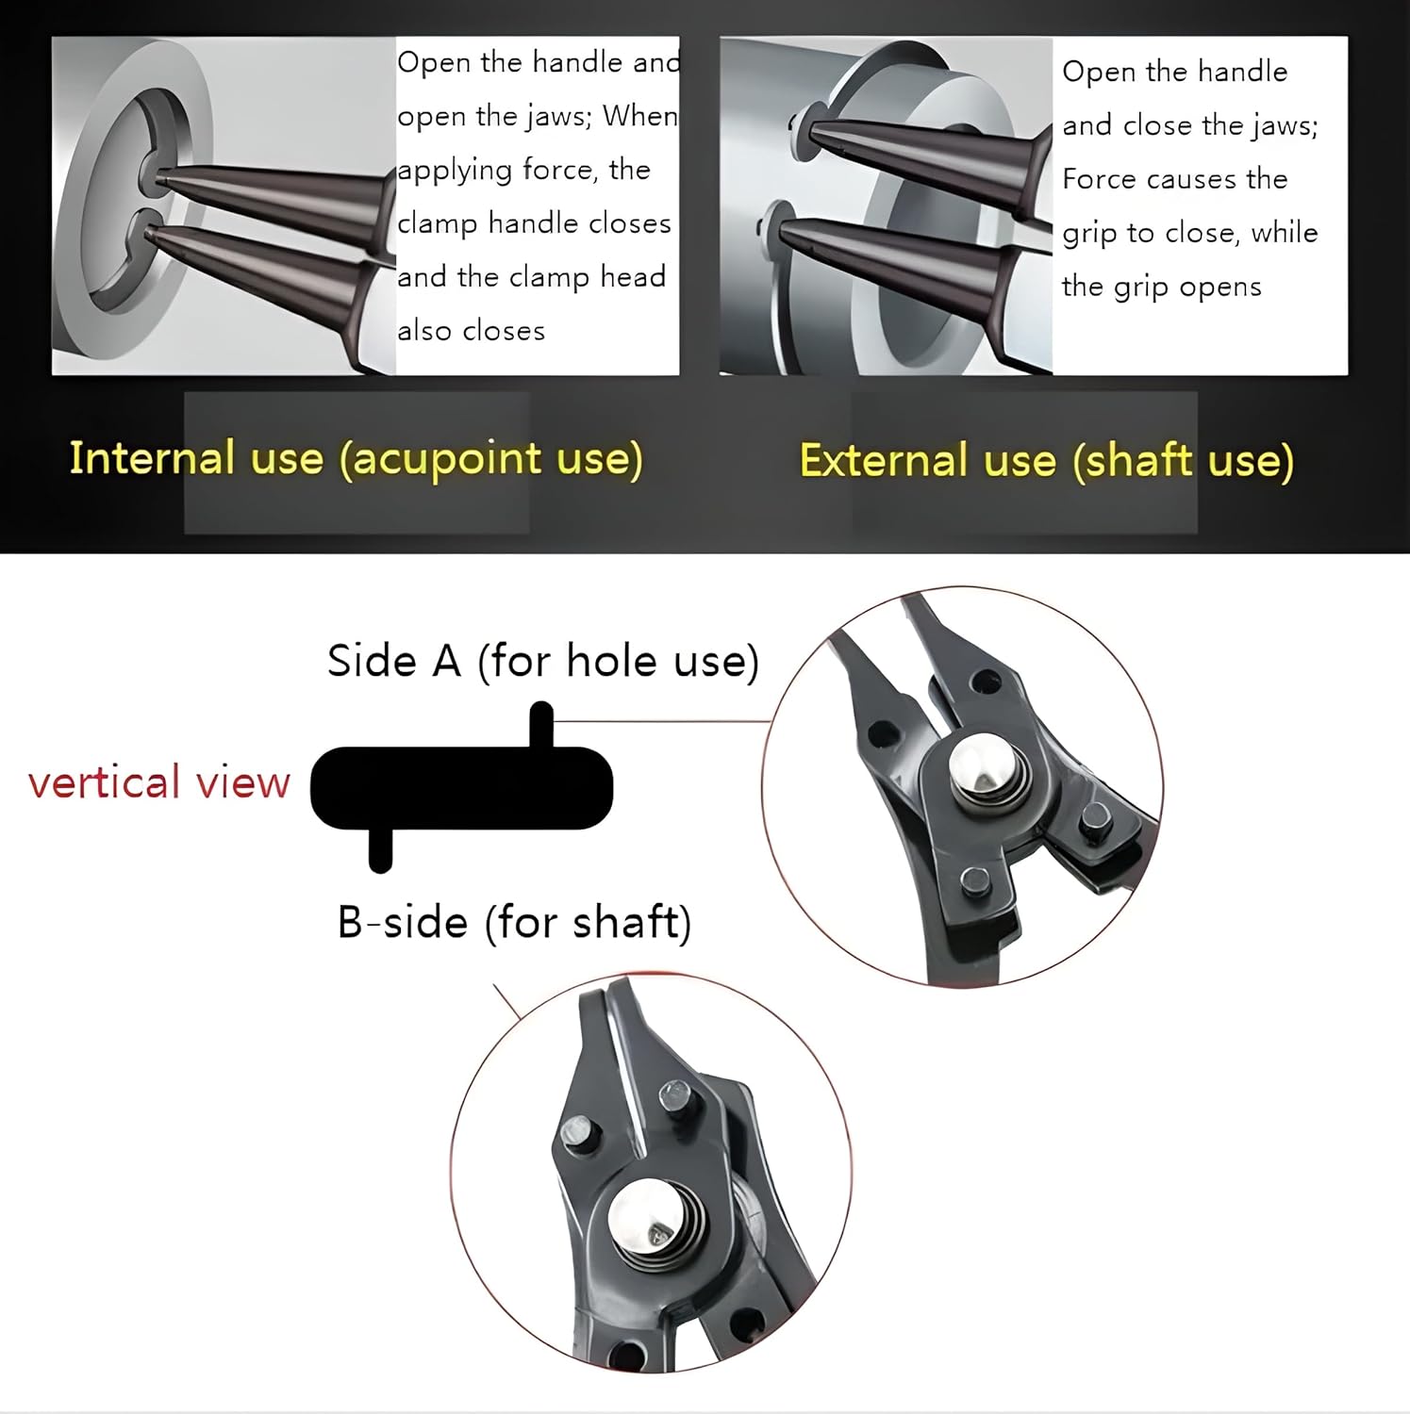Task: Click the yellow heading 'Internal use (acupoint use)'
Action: tap(357, 459)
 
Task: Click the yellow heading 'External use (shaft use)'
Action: tap(1047, 461)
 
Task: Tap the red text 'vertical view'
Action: tap(159, 782)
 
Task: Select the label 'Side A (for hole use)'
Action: tap(543, 661)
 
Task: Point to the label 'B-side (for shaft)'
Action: tap(514, 922)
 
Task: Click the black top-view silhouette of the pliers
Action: tap(461, 787)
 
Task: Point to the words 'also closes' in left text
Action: tap(471, 331)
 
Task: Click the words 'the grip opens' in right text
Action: tap(1161, 287)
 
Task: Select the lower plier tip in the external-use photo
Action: tap(783, 226)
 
